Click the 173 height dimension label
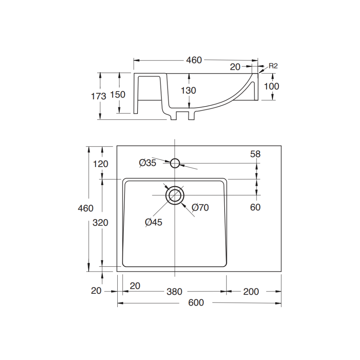tap(99, 96)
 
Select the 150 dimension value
tap(118, 94)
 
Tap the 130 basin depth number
tap(188, 90)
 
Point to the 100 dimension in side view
tap(271, 86)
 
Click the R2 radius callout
tap(273, 66)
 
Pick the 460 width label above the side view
tap(194, 60)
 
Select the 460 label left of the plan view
tap(86, 208)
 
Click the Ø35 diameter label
tap(148, 163)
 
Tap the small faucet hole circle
tap(175, 163)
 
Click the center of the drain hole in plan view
tap(175, 195)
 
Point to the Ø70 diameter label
tap(200, 207)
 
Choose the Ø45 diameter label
tap(154, 222)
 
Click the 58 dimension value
tap(256, 154)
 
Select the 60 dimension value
tap(255, 207)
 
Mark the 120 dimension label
tap(100, 164)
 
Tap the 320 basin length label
tap(100, 222)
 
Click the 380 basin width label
tap(175, 292)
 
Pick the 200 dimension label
tap(251, 292)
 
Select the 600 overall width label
tap(196, 303)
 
